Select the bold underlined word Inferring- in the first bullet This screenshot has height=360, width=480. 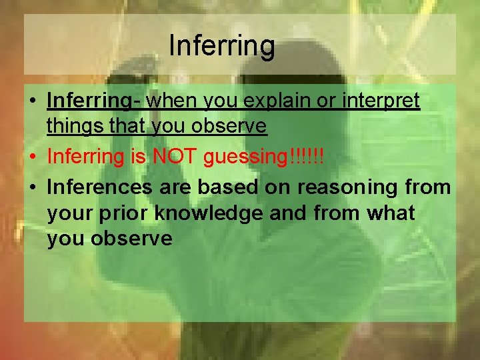(x=95, y=101)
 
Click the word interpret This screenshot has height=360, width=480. (x=382, y=101)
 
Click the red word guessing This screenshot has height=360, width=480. (x=249, y=157)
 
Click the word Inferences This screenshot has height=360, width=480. (x=99, y=188)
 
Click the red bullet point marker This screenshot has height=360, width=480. (x=32, y=158)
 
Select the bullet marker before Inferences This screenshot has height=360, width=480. (x=32, y=189)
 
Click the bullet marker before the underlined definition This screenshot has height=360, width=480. (x=32, y=102)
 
